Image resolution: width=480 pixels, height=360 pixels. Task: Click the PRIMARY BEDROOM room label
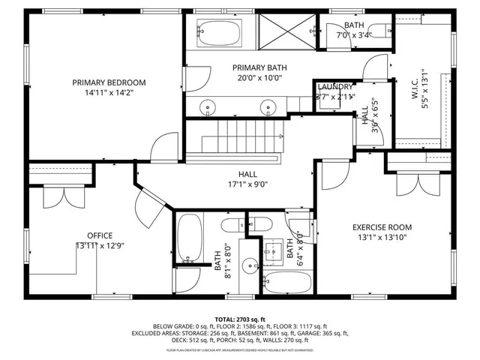pyautogui.click(x=109, y=82)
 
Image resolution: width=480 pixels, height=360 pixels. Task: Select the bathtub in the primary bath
pyautogui.click(x=220, y=32)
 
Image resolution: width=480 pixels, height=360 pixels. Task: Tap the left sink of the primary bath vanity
pyautogui.click(x=208, y=106)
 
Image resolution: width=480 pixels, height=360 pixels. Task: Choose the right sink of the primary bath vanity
pyautogui.click(x=268, y=106)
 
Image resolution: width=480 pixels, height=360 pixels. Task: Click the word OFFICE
pyautogui.click(x=99, y=235)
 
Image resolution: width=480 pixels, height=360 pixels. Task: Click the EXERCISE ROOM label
pyautogui.click(x=382, y=227)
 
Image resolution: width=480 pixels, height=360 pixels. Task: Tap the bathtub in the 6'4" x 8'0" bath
pyautogui.click(x=288, y=282)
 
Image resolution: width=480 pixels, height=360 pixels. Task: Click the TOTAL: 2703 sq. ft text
pyautogui.click(x=239, y=318)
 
